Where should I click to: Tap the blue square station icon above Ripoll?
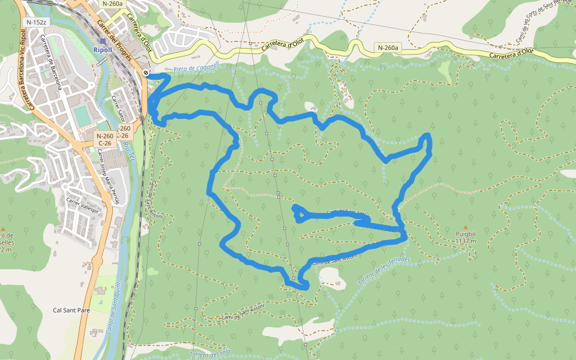tap(103, 41)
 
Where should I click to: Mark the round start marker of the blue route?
tap(146, 73)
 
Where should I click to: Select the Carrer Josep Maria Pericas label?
tap(109, 177)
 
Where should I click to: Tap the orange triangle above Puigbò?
tap(465, 227)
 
